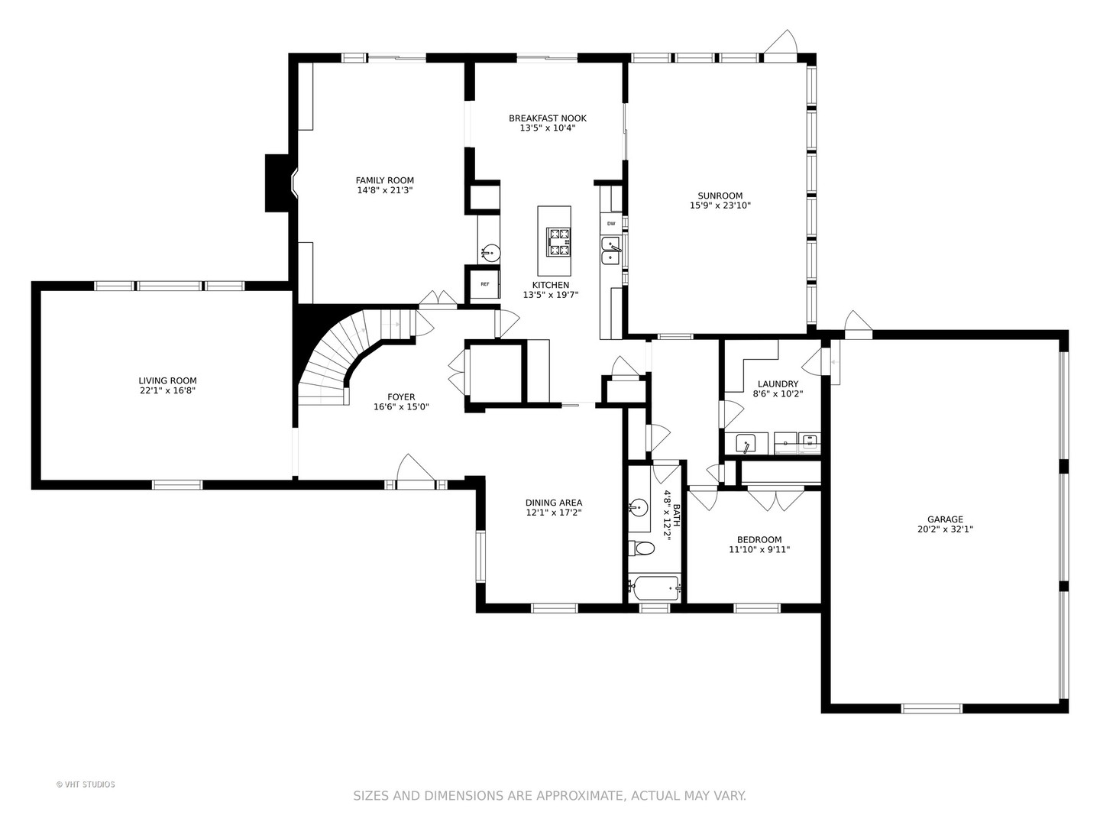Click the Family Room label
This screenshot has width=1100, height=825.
[x=385, y=180]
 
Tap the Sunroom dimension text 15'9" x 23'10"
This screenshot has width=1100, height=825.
[x=720, y=205]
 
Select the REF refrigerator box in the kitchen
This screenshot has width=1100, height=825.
[x=484, y=284]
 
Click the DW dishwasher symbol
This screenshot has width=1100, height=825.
[x=611, y=223]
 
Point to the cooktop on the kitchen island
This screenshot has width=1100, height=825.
[x=558, y=242]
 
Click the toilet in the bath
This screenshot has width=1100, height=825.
[x=641, y=548]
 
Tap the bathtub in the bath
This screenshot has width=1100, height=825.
[x=655, y=589]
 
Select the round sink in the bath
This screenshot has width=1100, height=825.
[x=638, y=508]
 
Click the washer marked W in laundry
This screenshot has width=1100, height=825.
[x=809, y=443]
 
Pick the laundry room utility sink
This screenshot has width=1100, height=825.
[x=746, y=443]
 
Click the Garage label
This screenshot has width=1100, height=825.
[x=945, y=519]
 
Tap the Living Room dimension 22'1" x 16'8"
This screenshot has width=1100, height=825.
[x=167, y=390]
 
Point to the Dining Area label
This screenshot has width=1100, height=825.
[x=554, y=503]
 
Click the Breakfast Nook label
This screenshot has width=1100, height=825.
[x=548, y=118]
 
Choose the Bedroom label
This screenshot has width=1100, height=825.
[x=759, y=539]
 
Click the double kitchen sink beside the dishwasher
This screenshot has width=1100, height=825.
[x=611, y=250]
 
